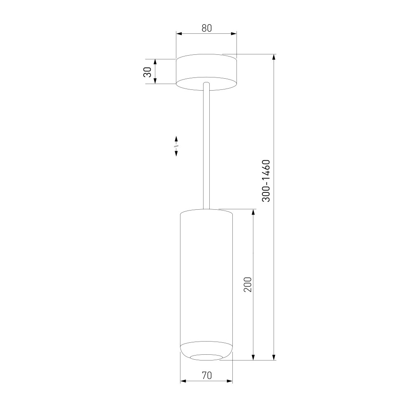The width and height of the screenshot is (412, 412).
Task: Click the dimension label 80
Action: tap(207, 28)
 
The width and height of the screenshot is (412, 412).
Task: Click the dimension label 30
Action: tap(147, 72)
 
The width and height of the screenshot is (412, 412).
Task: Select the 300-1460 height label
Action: tap(266, 181)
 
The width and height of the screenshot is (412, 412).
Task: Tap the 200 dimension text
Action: tap(248, 284)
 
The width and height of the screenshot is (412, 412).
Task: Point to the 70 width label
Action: tap(207, 375)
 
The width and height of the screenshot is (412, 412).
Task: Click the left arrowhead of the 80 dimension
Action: tap(179, 34)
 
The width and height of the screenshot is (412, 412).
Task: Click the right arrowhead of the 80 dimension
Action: tap(234, 34)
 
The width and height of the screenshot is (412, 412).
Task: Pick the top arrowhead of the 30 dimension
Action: tap(155, 62)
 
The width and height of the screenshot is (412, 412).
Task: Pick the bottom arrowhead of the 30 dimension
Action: tap(155, 81)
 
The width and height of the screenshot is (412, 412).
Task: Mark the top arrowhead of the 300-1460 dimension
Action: tap(274, 57)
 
